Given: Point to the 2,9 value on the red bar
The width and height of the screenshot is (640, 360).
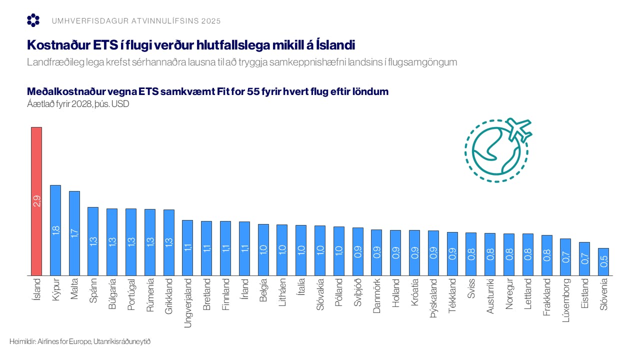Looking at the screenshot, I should click(x=36, y=201).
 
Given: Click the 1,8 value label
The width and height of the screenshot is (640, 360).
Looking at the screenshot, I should click(x=55, y=230).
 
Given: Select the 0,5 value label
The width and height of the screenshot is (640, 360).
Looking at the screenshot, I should click(x=603, y=261).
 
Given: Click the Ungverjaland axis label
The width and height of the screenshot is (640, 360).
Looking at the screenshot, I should click(x=188, y=303).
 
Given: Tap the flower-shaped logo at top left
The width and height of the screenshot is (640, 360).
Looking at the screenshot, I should click(x=33, y=20).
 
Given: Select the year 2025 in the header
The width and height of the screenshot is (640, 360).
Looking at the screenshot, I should click(x=210, y=21).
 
